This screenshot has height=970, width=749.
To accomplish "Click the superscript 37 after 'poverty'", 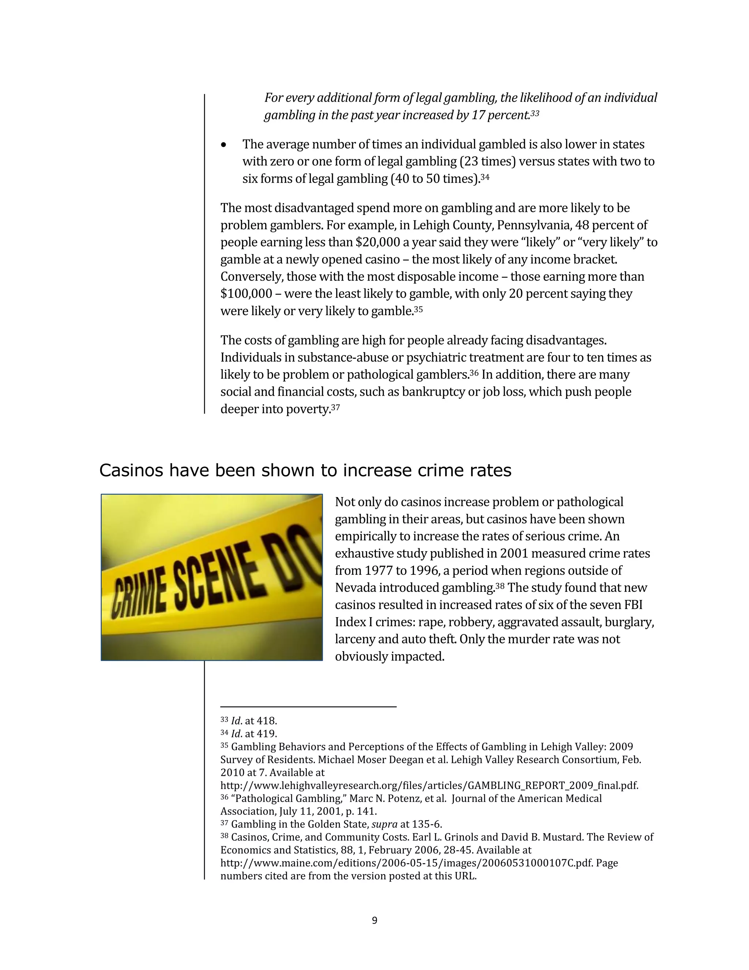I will click(x=335, y=407).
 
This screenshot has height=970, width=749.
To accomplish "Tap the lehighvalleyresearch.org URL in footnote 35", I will click(x=429, y=786).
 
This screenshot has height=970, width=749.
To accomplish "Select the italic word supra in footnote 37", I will click(x=384, y=824).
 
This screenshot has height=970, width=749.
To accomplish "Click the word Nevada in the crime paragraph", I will click(x=354, y=588).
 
